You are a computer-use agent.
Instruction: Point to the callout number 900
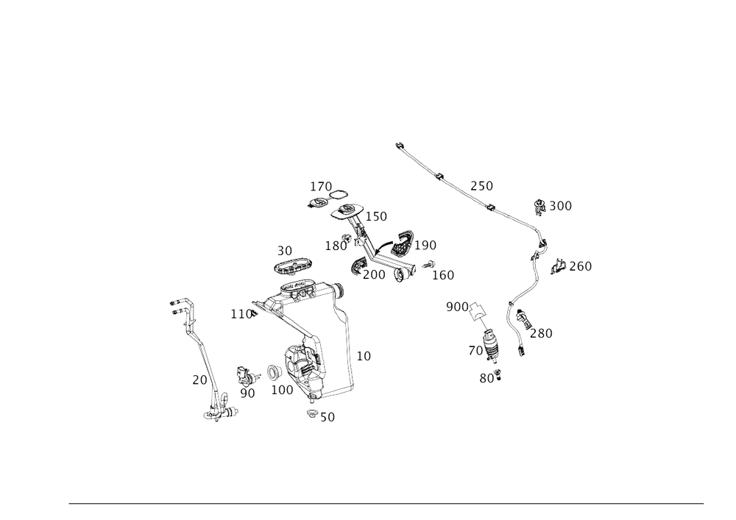click(456, 306)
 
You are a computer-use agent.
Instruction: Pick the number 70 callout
click(474, 351)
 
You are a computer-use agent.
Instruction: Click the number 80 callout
click(486, 378)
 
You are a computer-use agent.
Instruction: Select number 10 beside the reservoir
click(364, 355)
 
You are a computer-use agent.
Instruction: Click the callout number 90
click(247, 393)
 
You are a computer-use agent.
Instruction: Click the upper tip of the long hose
click(399, 143)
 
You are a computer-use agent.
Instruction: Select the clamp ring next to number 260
click(558, 263)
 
